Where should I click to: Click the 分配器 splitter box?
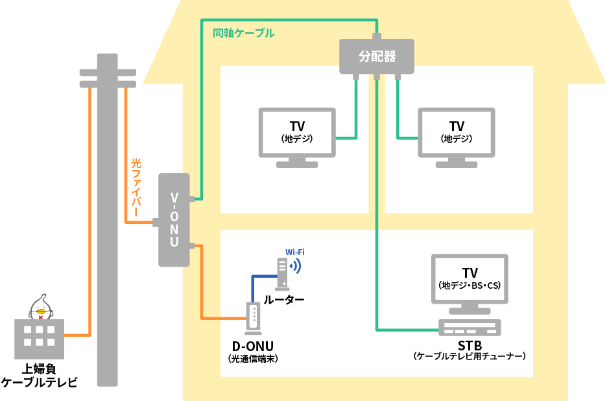point(377,56)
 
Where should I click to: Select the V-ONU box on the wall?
point(174,220)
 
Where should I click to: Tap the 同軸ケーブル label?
point(243,32)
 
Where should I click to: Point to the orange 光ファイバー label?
point(136,188)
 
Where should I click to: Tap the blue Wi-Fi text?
point(295,252)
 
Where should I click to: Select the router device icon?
point(281,273)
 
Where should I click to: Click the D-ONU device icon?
point(253,318)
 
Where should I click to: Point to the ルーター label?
point(283,300)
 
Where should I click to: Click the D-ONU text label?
point(253,345)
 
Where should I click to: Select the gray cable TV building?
point(40,339)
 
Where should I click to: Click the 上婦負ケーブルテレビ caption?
point(40,375)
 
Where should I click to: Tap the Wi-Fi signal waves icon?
point(296,265)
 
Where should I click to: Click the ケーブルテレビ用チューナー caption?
point(470,356)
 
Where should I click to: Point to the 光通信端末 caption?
point(253,358)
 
